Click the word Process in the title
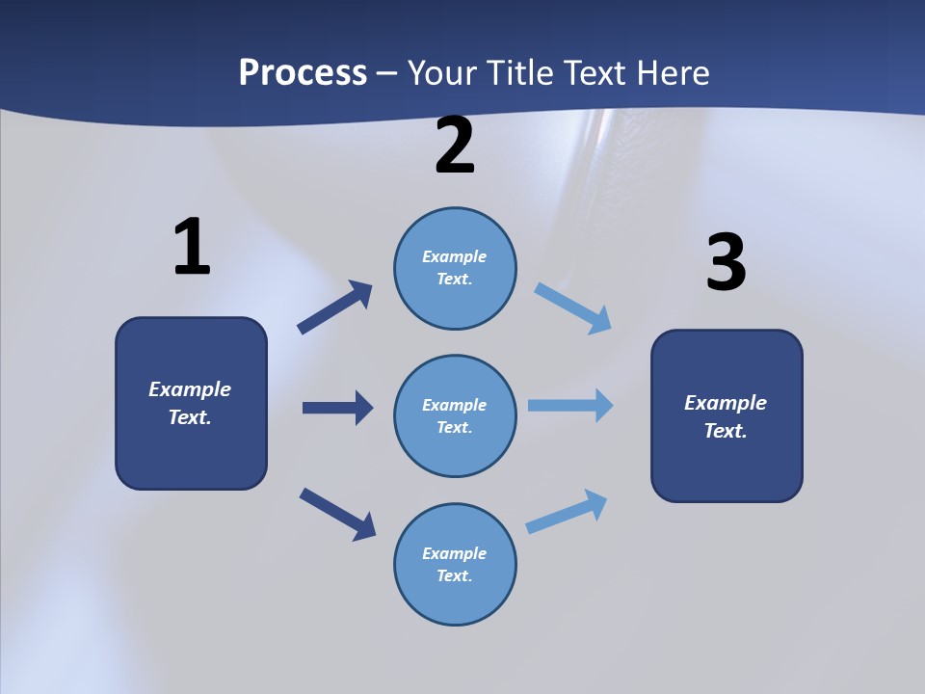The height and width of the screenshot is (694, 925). coord(303,73)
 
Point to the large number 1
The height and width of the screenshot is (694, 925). coord(192,248)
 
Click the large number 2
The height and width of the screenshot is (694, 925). coord(455,147)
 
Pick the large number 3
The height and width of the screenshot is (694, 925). coord(726,263)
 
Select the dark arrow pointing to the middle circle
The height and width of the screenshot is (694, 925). coord(337,408)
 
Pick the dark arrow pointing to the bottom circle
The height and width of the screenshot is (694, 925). coord(338,514)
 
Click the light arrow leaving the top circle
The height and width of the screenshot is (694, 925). coord(573,307)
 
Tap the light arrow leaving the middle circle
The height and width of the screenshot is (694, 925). coord(570,405)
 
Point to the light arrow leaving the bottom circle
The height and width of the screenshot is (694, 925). coord(567,511)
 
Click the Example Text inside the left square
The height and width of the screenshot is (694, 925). coord(190,403)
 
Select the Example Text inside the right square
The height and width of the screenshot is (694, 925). coord(726,416)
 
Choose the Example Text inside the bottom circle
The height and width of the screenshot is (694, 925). coord(454,564)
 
